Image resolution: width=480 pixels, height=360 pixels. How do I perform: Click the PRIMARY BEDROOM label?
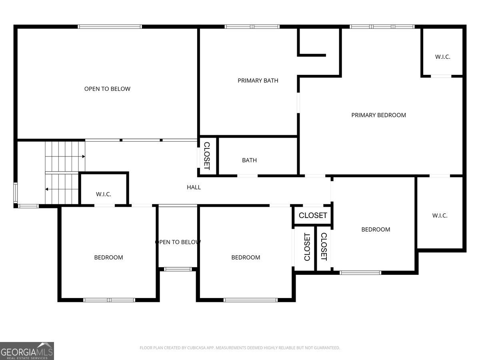tap(378, 115)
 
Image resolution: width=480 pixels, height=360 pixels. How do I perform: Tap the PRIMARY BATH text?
tap(258, 80)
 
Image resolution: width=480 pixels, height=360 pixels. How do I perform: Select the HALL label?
tap(194, 187)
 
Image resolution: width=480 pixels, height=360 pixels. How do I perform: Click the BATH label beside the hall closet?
tap(249, 160)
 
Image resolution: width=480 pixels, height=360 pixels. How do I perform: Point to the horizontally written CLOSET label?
tap(313, 215)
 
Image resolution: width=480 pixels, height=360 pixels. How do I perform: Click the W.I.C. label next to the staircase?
tap(103, 194)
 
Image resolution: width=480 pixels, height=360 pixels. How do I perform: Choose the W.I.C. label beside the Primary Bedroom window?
tap(442, 57)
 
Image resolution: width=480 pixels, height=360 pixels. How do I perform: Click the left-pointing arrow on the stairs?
tap(47, 189)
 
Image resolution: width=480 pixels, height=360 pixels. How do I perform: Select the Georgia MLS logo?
tap(27, 351)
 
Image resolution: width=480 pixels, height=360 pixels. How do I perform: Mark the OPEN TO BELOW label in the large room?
tap(107, 89)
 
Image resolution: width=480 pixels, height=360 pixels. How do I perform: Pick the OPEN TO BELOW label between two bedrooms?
tap(178, 242)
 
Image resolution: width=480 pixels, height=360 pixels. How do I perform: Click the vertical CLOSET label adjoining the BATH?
tap(207, 156)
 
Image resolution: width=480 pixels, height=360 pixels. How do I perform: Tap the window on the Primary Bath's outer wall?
tap(252, 27)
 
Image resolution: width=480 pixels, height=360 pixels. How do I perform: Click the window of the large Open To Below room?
tap(110, 27)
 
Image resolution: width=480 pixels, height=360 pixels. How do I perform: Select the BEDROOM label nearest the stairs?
tap(108, 258)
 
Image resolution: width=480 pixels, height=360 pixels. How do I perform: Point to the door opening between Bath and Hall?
tap(247, 175)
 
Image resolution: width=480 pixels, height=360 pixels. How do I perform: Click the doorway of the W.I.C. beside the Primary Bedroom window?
tap(441, 76)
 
